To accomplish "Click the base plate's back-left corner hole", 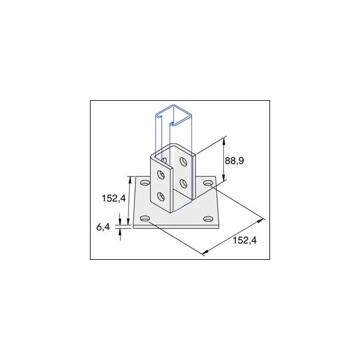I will tap(144, 182).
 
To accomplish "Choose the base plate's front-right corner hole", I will tap(208, 218).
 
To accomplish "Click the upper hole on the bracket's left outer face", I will tap(161, 175).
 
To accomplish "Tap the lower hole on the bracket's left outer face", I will tap(161, 196).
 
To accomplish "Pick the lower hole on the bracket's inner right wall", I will tap(183, 182).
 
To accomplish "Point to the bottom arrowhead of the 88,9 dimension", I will tap(224, 180).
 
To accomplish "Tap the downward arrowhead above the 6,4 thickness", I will tap(121, 221).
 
